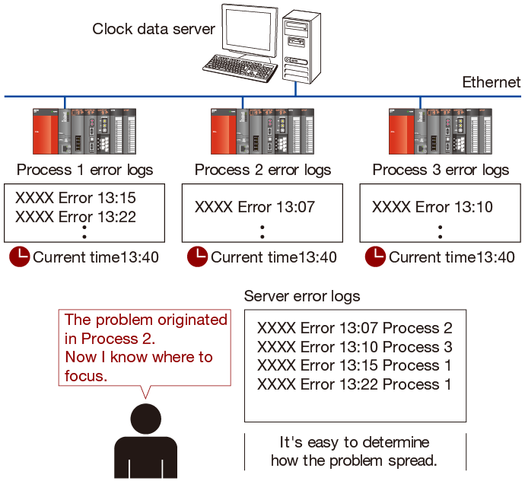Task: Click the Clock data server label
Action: pos(154,29)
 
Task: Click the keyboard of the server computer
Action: pos(240,68)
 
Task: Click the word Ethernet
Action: pos(492,82)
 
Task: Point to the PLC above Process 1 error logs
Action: pos(84,132)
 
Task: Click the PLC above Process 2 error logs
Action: pos(262,132)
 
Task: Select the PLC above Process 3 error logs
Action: pos(441,132)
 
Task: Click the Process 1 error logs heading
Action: pos(84,170)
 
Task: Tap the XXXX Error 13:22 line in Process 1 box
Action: pos(75,217)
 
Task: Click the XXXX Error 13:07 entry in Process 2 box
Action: pos(255,207)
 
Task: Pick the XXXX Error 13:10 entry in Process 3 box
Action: pos(432,207)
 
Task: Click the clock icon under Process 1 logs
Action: pos(20,257)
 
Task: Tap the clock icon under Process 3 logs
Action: pos(375,257)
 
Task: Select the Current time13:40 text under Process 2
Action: pos(274,257)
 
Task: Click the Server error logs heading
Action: pos(302,296)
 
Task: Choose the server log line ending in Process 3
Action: pos(355,347)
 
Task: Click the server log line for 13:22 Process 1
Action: pos(355,384)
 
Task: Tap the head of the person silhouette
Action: pos(146,419)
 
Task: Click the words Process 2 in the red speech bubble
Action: pos(117,339)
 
